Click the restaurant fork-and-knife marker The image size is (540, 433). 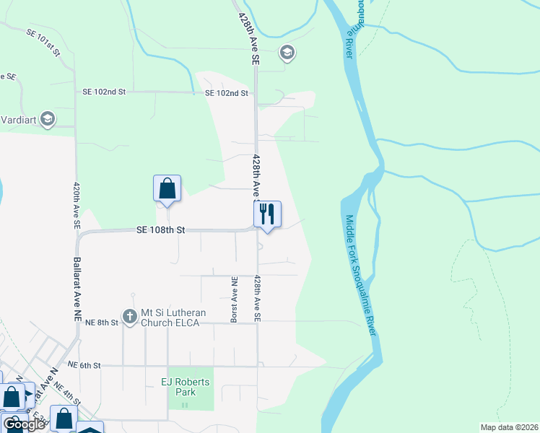click(267, 214)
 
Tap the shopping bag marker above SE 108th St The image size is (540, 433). click(167, 188)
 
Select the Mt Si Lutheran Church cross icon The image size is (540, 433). click(129, 316)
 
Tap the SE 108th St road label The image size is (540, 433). click(161, 230)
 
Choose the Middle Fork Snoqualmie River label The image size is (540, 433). click(360, 275)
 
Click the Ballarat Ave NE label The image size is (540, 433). click(77, 289)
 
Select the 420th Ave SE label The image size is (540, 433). click(76, 205)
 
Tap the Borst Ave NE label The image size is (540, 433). click(234, 299)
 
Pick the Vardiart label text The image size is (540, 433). click(17, 120)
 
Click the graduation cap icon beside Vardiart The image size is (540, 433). click(48, 119)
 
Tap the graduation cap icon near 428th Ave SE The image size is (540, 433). click(287, 52)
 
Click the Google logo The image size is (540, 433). click(24, 424)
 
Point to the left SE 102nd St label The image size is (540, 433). click(104, 92)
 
